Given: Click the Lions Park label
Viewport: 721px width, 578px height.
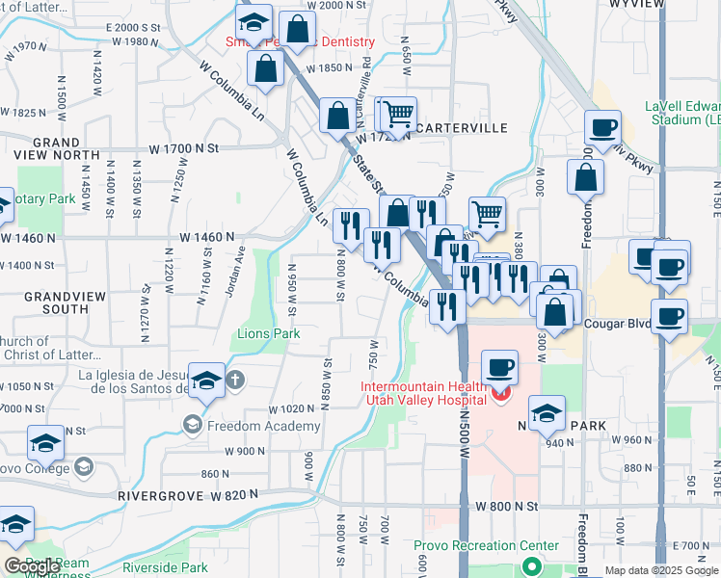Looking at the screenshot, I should [269, 333].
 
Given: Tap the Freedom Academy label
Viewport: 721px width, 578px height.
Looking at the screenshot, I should [264, 426].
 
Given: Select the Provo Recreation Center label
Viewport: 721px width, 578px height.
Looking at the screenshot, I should [487, 545].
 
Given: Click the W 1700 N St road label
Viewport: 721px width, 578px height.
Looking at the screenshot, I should [185, 148].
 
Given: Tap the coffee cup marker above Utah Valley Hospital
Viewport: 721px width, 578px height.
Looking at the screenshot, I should [498, 367].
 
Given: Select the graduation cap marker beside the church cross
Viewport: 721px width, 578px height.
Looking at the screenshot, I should [206, 381].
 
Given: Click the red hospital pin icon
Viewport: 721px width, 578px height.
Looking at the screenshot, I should [500, 395].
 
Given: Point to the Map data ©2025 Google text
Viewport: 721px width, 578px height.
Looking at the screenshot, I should [661, 571].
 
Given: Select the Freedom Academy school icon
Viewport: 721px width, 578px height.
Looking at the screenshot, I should [193, 425].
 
